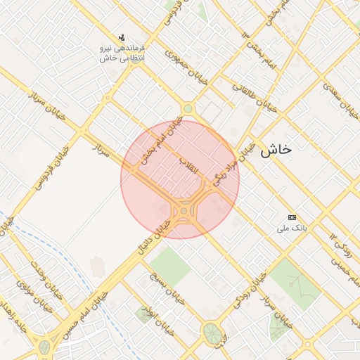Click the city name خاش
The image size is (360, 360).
pyautogui.click(x=276, y=150)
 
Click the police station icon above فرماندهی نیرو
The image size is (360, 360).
pyautogui.click(x=122, y=37)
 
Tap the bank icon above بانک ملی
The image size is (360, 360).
pyautogui.click(x=292, y=217)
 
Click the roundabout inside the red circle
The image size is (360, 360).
pyautogui.click(x=184, y=211)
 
